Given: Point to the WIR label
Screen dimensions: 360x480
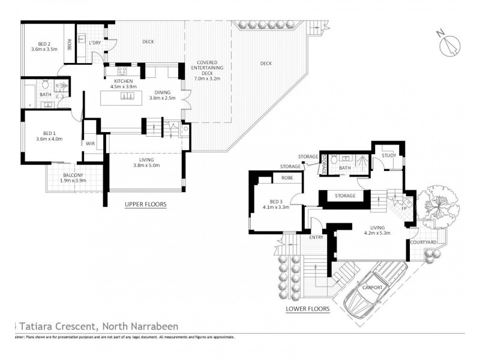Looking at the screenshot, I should pyautogui.click(x=91, y=143).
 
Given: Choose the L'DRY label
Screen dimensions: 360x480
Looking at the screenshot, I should pyautogui.click(x=94, y=43).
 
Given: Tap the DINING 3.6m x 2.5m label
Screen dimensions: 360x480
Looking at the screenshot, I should pyautogui.click(x=163, y=95).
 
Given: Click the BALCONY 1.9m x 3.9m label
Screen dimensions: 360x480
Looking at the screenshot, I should pyautogui.click(x=73, y=178).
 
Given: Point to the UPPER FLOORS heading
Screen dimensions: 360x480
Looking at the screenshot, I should pyautogui.click(x=145, y=205).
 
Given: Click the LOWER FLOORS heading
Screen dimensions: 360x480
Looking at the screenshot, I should pyautogui.click(x=308, y=310).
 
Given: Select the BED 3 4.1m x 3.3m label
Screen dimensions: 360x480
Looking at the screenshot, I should pyautogui.click(x=277, y=204).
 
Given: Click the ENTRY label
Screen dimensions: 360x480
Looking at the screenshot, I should pyautogui.click(x=316, y=238).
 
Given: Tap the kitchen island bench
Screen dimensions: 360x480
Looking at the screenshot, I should pyautogui.click(x=128, y=97).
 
